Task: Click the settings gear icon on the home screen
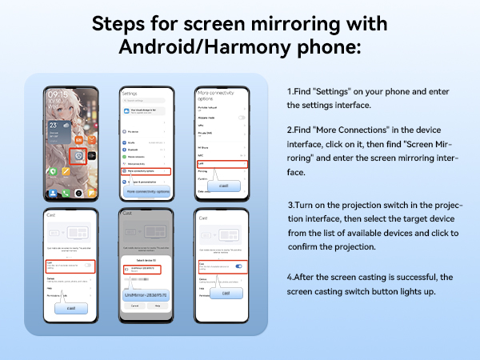pos(80,155)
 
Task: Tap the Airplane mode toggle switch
pos(242,118)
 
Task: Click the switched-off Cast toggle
pos(87,265)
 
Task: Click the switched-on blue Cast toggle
pos(238,266)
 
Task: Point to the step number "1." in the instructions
pos(290,91)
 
